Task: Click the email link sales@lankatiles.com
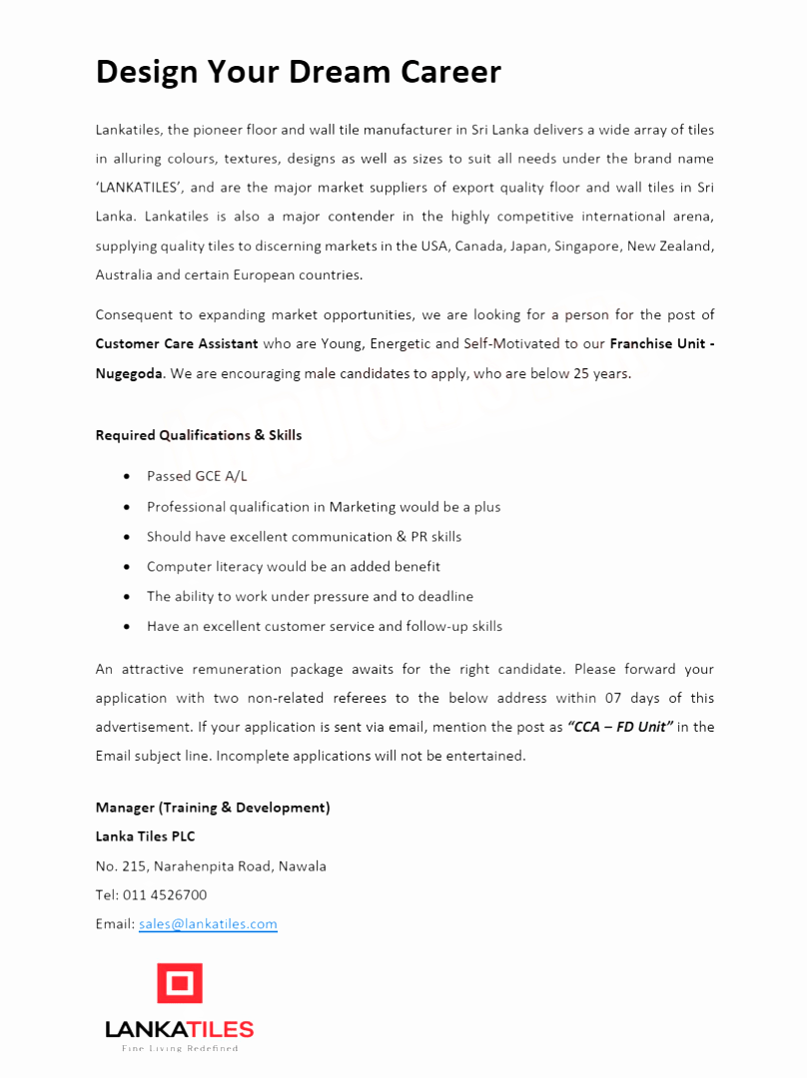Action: pyautogui.click(x=208, y=924)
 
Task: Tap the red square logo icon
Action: pyautogui.click(x=180, y=983)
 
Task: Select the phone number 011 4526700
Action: pyautogui.click(x=165, y=895)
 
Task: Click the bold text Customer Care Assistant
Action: pyautogui.click(x=177, y=344)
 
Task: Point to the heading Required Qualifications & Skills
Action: pyautogui.click(x=198, y=435)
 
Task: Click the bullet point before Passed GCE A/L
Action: pyautogui.click(x=126, y=477)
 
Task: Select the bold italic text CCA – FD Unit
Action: pyautogui.click(x=619, y=727)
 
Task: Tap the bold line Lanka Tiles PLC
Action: pyautogui.click(x=145, y=836)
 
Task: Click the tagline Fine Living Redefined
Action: pyautogui.click(x=180, y=1049)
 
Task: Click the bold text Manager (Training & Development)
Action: pyautogui.click(x=212, y=808)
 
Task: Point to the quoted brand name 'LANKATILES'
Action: pyautogui.click(x=139, y=188)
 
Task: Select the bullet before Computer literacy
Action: pyautogui.click(x=126, y=567)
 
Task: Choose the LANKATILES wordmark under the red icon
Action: pyautogui.click(x=180, y=1029)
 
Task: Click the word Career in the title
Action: pyautogui.click(x=450, y=72)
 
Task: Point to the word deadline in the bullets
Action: pyautogui.click(x=444, y=597)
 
